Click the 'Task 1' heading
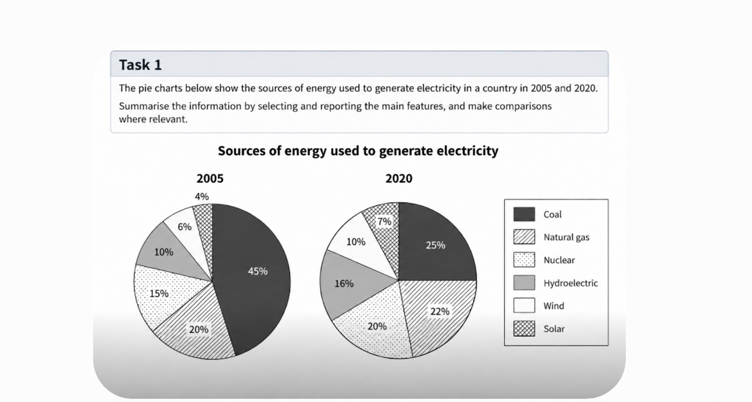point(140,65)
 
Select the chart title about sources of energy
point(358,151)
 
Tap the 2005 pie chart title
point(210,178)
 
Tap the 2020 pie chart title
point(399,178)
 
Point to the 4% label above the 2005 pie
point(202,197)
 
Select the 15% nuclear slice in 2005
point(164,294)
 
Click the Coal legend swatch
point(524,214)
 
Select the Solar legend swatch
point(524,328)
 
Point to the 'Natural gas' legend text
point(566,237)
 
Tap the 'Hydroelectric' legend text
point(571,283)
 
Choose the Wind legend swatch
point(524,306)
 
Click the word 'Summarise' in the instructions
point(144,106)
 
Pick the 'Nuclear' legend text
point(559,260)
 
